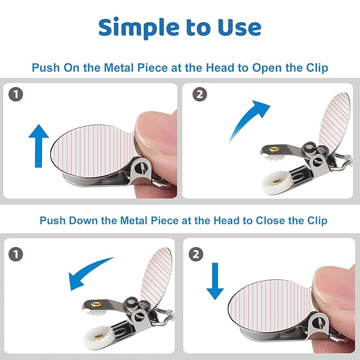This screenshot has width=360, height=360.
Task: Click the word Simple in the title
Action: (139, 28)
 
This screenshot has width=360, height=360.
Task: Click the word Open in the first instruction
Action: (267, 68)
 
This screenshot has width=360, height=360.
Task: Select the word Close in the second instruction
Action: (270, 221)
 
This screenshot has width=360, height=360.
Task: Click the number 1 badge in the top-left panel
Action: (15, 94)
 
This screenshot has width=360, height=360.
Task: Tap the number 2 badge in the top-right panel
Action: (200, 94)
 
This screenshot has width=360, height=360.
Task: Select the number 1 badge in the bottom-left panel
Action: (15, 254)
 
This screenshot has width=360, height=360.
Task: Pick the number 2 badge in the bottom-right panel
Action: (196, 254)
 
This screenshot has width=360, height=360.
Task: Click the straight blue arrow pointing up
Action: (39, 146)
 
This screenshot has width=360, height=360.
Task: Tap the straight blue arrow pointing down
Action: (215, 281)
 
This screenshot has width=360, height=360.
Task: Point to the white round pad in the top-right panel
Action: (276, 182)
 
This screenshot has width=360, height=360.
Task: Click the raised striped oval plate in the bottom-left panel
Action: (156, 277)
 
